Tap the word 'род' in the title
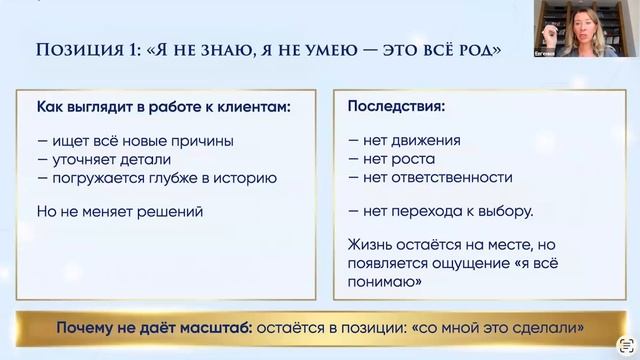(481, 51)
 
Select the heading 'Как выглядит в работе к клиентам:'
(163, 105)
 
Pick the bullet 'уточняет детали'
(96, 159)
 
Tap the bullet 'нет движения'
(405, 140)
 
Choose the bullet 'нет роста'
(391, 159)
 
